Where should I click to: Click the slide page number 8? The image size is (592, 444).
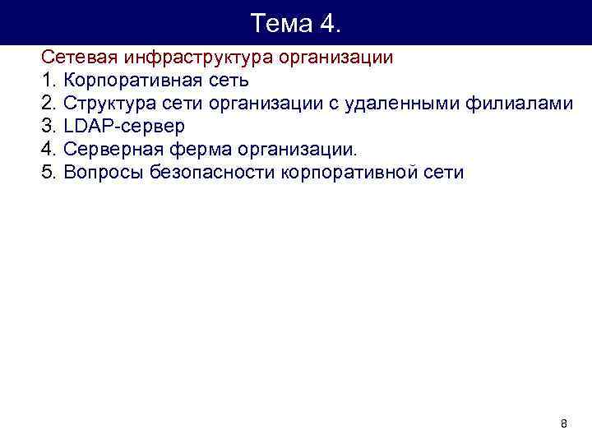(563, 424)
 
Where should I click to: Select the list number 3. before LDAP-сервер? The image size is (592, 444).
(49, 127)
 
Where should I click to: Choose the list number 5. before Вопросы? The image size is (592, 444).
(49, 173)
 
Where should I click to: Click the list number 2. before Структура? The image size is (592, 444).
(49, 104)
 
